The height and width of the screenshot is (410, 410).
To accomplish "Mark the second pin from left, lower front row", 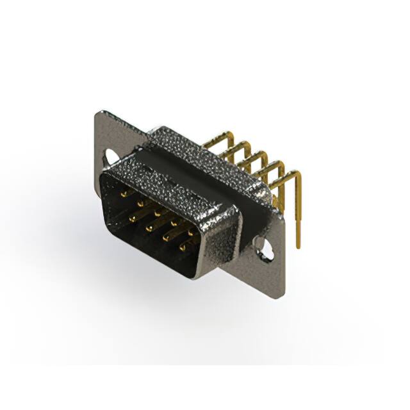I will tap(149, 227).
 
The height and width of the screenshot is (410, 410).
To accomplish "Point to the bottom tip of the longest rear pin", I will tap(298, 247).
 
